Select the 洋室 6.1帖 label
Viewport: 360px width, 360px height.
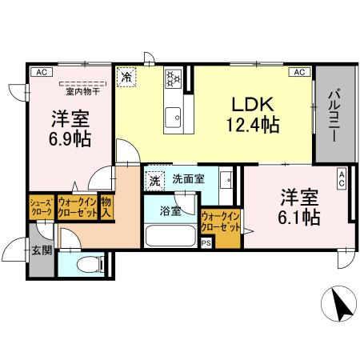[x=300, y=206]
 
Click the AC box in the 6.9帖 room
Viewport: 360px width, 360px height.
[x=38, y=72]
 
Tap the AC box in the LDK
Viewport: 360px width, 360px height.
[x=299, y=72]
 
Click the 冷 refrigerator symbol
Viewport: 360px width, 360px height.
[x=127, y=78]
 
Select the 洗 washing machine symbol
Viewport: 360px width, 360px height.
[x=154, y=180]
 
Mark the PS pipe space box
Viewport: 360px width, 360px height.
[x=206, y=243]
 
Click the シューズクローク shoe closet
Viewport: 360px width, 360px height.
[x=41, y=207]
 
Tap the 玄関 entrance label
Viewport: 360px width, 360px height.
[x=41, y=250]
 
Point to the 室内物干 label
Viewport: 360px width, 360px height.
[x=82, y=91]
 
